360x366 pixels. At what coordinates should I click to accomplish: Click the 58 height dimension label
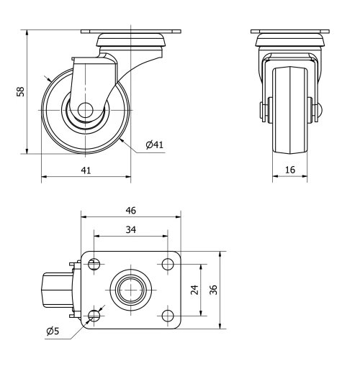21,92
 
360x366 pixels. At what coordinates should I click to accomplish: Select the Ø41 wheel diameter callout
154,145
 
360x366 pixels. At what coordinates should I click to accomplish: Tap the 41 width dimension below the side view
86,170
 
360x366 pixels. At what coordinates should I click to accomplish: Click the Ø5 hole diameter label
53,331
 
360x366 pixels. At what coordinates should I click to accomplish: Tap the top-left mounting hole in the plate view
94,264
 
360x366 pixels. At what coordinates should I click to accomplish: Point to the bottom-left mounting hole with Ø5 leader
94,316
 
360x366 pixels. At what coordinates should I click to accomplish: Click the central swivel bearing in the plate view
130,290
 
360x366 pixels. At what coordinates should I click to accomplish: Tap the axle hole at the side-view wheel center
85,111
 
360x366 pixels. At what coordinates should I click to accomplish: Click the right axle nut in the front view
316,111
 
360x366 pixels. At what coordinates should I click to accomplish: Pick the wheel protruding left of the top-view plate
56,290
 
